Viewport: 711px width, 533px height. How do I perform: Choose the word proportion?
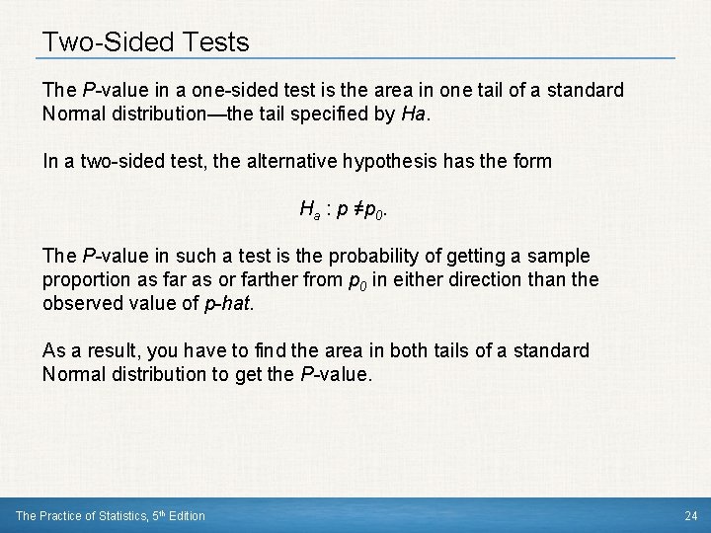pyautogui.click(x=84, y=279)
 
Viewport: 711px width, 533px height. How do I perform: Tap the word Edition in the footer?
pyautogui.click(x=187, y=515)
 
